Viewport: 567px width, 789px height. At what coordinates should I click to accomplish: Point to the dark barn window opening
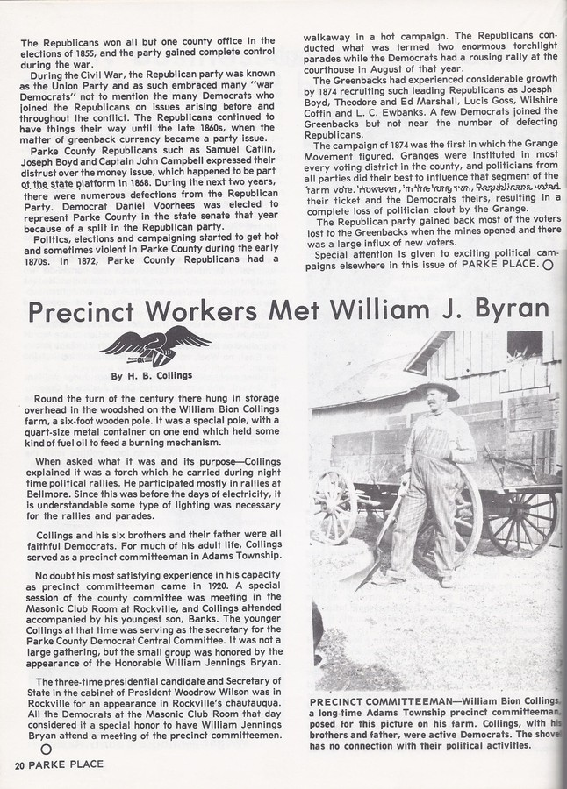tap(524, 344)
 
